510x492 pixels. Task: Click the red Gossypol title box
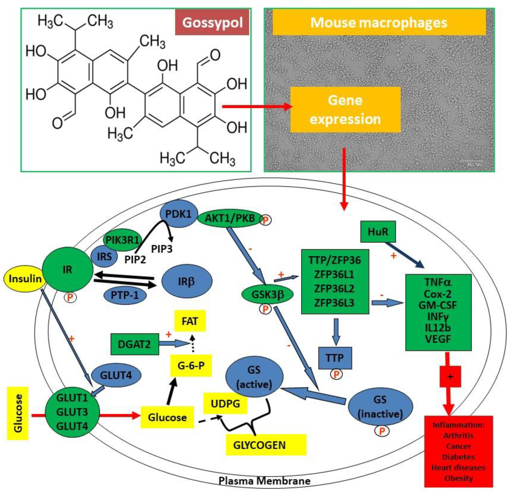pos(212,23)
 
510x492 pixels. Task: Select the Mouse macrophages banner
pos(379,23)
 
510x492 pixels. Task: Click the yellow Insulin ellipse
pos(25,279)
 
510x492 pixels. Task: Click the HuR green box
pos(378,232)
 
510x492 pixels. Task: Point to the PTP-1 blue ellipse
pos(125,295)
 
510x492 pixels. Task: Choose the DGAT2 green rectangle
pos(134,344)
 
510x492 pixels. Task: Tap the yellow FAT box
pos(190,321)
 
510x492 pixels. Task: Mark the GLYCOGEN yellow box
pos(266,445)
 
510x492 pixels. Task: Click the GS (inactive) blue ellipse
pos(380,407)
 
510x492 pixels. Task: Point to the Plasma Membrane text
pos(264,481)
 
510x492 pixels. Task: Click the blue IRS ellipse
pos(104,257)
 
